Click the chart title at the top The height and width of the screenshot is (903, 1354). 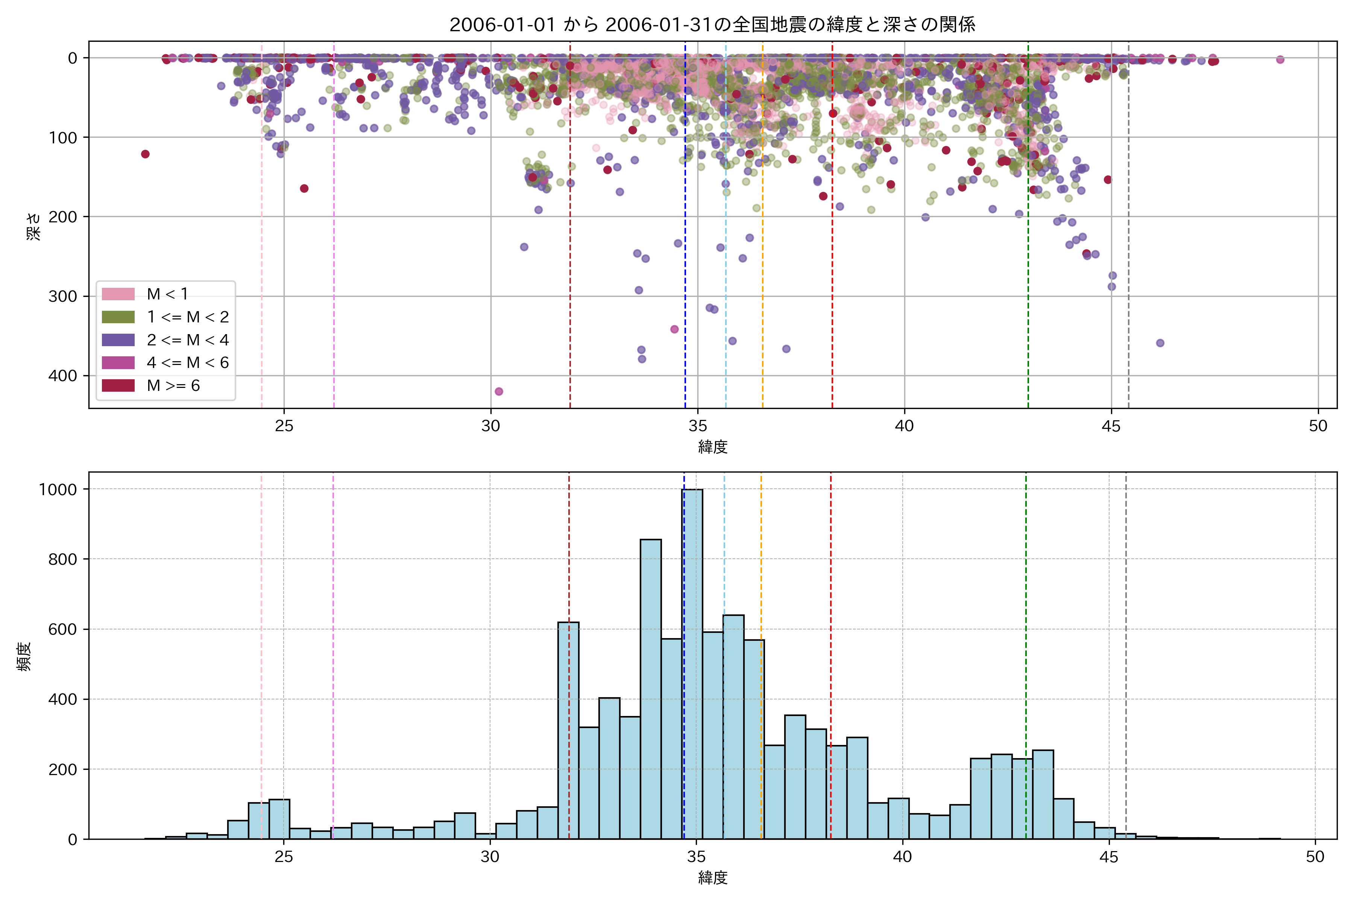(x=712, y=25)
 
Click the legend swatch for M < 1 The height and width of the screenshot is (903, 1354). (x=118, y=294)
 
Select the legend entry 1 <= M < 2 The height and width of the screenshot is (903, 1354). (x=188, y=317)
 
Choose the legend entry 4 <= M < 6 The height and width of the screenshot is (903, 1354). (x=188, y=362)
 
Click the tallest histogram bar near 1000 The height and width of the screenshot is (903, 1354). (x=692, y=662)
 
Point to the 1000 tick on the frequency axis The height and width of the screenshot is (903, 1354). (x=58, y=490)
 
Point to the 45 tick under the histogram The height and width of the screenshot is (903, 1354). (x=1109, y=857)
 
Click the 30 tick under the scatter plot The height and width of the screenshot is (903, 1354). (x=490, y=426)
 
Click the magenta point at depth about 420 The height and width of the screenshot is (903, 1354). (x=499, y=392)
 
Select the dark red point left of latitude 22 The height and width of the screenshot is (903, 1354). (x=145, y=154)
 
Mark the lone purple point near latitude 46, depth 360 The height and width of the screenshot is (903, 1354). (x=1160, y=343)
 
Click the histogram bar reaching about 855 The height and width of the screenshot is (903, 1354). (x=651, y=688)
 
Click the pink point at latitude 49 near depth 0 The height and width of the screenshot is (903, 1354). (x=1280, y=59)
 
